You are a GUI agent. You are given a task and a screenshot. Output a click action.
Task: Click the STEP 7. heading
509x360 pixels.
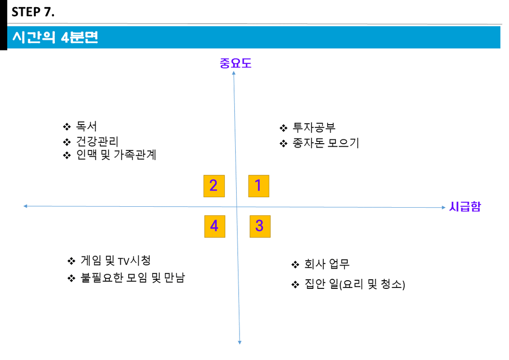coord(33,12)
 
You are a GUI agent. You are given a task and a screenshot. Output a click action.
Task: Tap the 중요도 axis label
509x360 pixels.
coord(235,63)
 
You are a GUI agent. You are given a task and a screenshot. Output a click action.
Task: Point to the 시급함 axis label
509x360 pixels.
coord(465,207)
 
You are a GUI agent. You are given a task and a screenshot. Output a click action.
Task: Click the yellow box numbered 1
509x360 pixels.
coord(259,186)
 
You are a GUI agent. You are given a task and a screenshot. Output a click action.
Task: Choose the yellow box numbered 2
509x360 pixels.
coord(214,186)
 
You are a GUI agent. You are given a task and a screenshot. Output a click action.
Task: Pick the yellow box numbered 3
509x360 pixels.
coord(260,226)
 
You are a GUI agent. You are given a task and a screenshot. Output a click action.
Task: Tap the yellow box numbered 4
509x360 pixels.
coord(214,226)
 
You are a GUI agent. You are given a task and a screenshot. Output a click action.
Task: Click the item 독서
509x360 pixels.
coord(86,127)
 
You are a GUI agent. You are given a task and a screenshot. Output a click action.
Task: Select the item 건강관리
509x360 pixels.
coord(97,142)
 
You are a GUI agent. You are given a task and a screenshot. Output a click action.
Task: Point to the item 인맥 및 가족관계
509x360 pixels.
coord(116,156)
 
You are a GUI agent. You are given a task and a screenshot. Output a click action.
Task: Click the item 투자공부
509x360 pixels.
coord(314,128)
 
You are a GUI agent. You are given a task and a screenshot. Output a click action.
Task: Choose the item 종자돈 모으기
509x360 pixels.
coord(326,143)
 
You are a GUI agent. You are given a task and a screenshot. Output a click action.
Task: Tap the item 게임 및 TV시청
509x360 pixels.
coord(116,261)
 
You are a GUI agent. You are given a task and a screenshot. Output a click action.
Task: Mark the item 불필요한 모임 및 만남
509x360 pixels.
coord(133,278)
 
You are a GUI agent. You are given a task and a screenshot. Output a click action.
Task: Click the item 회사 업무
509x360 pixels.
coord(327,264)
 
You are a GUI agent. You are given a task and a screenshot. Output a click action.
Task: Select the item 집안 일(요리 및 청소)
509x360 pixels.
coord(354,285)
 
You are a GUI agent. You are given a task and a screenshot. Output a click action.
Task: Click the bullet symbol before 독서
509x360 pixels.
coord(67,127)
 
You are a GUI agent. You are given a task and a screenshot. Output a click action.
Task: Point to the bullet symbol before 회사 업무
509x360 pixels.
coord(295,265)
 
